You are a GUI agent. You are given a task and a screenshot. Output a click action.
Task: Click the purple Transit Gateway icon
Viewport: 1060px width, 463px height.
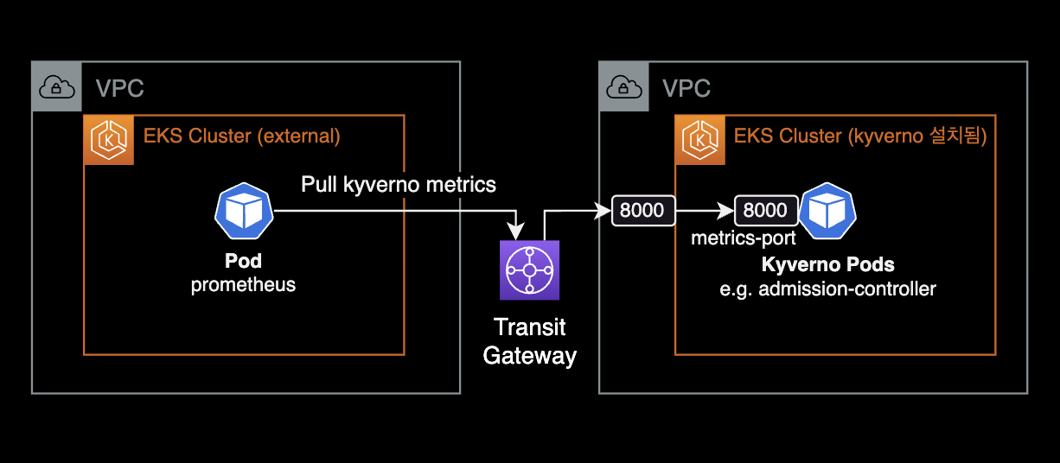tap(530, 270)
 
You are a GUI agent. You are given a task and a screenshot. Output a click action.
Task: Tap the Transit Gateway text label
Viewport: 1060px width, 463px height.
tap(529, 341)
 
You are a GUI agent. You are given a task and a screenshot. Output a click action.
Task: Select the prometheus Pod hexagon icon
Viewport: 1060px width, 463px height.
tap(243, 210)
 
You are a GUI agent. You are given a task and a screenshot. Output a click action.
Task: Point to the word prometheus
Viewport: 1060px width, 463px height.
tap(243, 284)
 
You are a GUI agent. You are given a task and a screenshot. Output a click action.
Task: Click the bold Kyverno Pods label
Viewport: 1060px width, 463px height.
tap(827, 265)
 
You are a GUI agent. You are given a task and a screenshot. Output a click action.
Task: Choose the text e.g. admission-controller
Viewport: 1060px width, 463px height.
tap(827, 289)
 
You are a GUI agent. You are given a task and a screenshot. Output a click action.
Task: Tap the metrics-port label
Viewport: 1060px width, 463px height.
tap(743, 238)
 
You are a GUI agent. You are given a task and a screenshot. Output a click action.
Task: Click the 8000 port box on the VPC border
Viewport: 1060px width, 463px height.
tap(643, 211)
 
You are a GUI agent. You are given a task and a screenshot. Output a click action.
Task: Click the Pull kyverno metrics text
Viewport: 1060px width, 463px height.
tap(399, 184)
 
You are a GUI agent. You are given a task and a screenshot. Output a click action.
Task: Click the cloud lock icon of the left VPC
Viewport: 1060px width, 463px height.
tap(56, 86)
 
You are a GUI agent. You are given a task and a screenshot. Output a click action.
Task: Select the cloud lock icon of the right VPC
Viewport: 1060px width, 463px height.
tap(623, 86)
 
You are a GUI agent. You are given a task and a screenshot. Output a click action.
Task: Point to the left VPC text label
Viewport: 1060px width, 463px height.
tap(119, 87)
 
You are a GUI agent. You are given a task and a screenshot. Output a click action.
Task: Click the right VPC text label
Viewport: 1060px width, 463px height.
tap(686, 87)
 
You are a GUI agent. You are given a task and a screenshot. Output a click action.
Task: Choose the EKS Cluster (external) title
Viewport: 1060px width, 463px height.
tap(241, 136)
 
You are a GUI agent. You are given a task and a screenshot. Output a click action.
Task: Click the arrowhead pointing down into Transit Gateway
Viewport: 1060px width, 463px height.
tap(517, 232)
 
